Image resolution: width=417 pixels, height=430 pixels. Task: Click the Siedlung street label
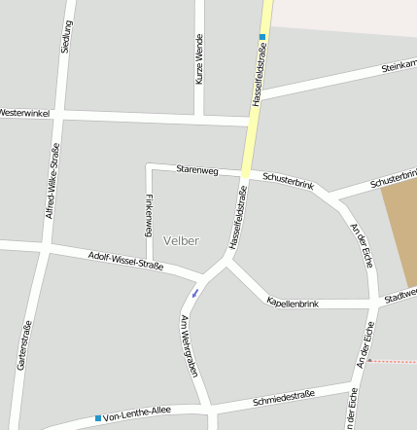coord(66,35)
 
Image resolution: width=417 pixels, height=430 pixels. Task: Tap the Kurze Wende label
coord(199,59)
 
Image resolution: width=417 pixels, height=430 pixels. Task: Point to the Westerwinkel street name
coord(24,113)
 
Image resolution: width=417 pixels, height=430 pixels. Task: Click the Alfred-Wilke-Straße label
coord(54,180)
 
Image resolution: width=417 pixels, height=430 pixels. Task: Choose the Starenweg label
coord(197,170)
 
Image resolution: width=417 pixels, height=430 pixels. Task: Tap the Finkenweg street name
coord(149,216)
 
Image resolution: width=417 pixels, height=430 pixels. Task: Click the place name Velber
coord(182,240)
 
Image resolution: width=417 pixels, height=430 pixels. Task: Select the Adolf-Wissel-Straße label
coord(125,261)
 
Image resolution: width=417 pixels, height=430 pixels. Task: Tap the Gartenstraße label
coord(24,345)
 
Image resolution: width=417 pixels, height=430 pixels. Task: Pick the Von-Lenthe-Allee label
coord(137,412)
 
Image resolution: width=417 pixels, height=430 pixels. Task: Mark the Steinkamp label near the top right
coord(399,67)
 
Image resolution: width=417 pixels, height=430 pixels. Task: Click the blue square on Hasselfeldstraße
coord(261,37)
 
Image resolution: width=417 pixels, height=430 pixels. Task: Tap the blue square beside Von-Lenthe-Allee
coord(97,418)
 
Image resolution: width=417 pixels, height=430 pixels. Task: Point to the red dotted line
coord(394,361)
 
